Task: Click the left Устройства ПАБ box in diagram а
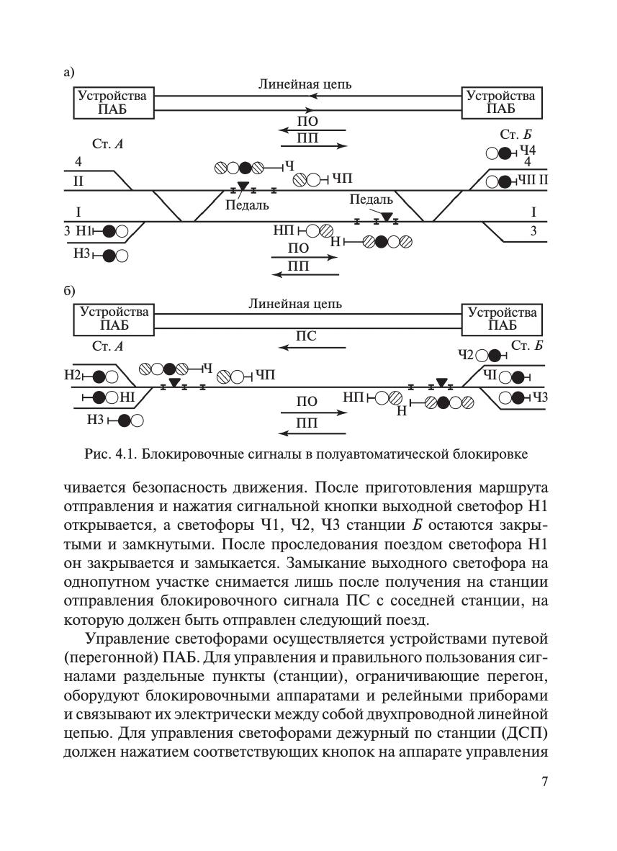[114, 102]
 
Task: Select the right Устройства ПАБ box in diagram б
[502, 319]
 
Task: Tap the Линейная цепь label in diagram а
[305, 84]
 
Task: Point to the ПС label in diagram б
[306, 336]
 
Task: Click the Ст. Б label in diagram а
[515, 135]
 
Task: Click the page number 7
[544, 782]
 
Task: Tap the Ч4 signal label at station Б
[528, 150]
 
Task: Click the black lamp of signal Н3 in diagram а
[109, 255]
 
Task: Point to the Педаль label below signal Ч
[247, 205]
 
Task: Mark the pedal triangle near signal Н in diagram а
[387, 217]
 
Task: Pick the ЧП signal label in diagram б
[265, 375]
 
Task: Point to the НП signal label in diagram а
[283, 230]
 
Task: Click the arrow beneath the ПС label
[312, 348]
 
